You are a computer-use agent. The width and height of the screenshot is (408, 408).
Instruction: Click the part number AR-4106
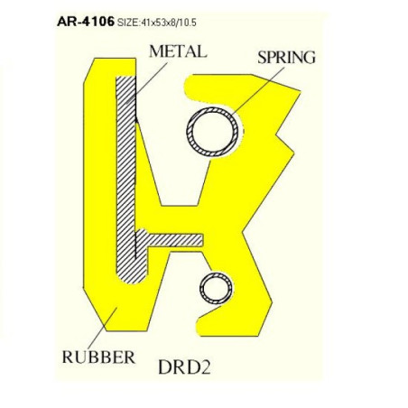click(86, 22)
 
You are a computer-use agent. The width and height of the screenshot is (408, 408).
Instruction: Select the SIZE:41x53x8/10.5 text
click(157, 23)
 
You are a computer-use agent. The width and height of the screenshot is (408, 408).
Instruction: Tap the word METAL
click(178, 51)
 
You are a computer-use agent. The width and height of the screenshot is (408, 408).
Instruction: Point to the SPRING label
click(286, 58)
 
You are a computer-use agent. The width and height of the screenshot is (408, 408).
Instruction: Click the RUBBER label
click(98, 357)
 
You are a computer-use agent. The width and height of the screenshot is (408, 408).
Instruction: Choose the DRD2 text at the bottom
click(184, 367)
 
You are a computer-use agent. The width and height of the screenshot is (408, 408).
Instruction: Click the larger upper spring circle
click(212, 132)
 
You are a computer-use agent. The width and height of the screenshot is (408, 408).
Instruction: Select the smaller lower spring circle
click(217, 289)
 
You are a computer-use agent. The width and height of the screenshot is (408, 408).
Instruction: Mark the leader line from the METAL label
click(146, 83)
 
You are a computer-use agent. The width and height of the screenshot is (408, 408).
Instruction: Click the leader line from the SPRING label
click(258, 91)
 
